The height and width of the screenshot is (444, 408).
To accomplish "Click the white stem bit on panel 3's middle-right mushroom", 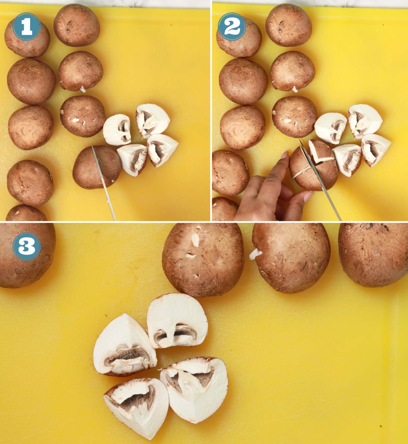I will pos(255,254).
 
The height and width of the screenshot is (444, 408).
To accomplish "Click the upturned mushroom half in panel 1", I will pos(117,130).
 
